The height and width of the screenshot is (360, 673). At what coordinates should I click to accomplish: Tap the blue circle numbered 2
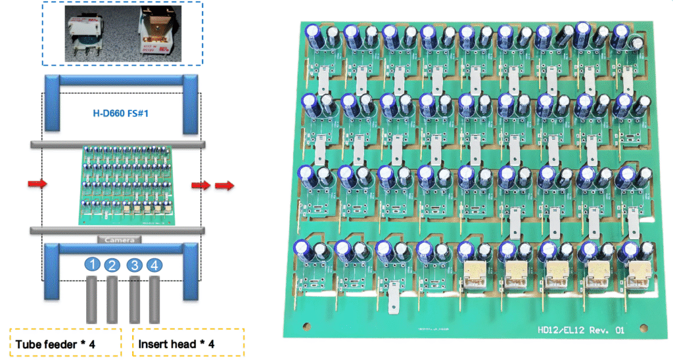click(113, 265)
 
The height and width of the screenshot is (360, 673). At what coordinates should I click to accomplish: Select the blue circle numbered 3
click(134, 265)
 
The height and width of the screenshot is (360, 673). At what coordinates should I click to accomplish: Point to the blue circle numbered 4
click(154, 265)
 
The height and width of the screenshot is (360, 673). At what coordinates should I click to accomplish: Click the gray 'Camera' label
click(120, 239)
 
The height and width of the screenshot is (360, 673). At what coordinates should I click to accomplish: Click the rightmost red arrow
click(225, 185)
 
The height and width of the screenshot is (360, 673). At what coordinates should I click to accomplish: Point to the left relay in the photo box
click(83, 32)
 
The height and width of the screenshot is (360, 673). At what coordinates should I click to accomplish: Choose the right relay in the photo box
click(157, 33)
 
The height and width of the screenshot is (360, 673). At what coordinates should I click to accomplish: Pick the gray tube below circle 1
click(93, 299)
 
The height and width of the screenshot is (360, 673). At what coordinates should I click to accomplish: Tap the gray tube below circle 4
click(155, 299)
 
